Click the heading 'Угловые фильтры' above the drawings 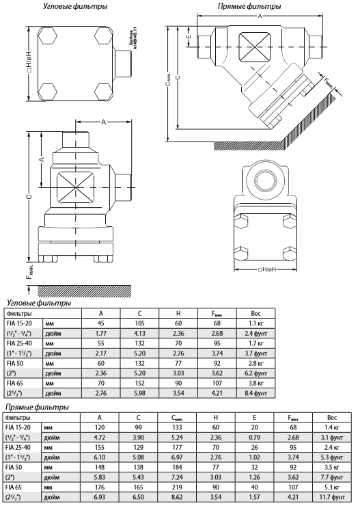(75, 6)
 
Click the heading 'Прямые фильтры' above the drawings (249, 6)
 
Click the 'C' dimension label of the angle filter (29, 196)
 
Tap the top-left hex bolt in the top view (49, 35)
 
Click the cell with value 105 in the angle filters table (140, 323)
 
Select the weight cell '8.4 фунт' (256, 393)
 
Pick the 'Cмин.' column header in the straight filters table (177, 418)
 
